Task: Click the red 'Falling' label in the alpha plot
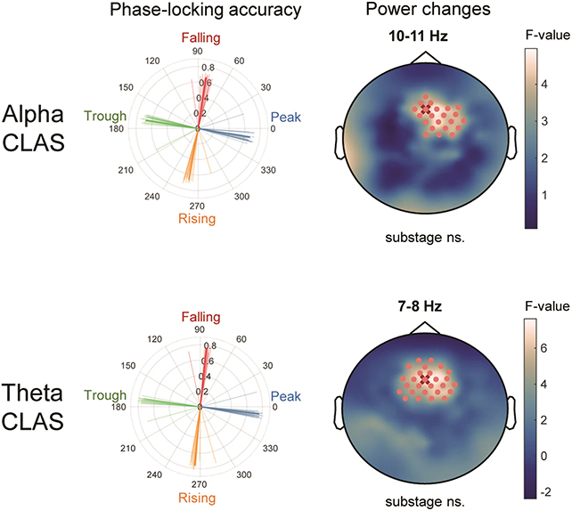(200, 38)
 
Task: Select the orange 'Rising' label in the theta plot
(199, 496)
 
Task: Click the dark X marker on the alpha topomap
(425, 109)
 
